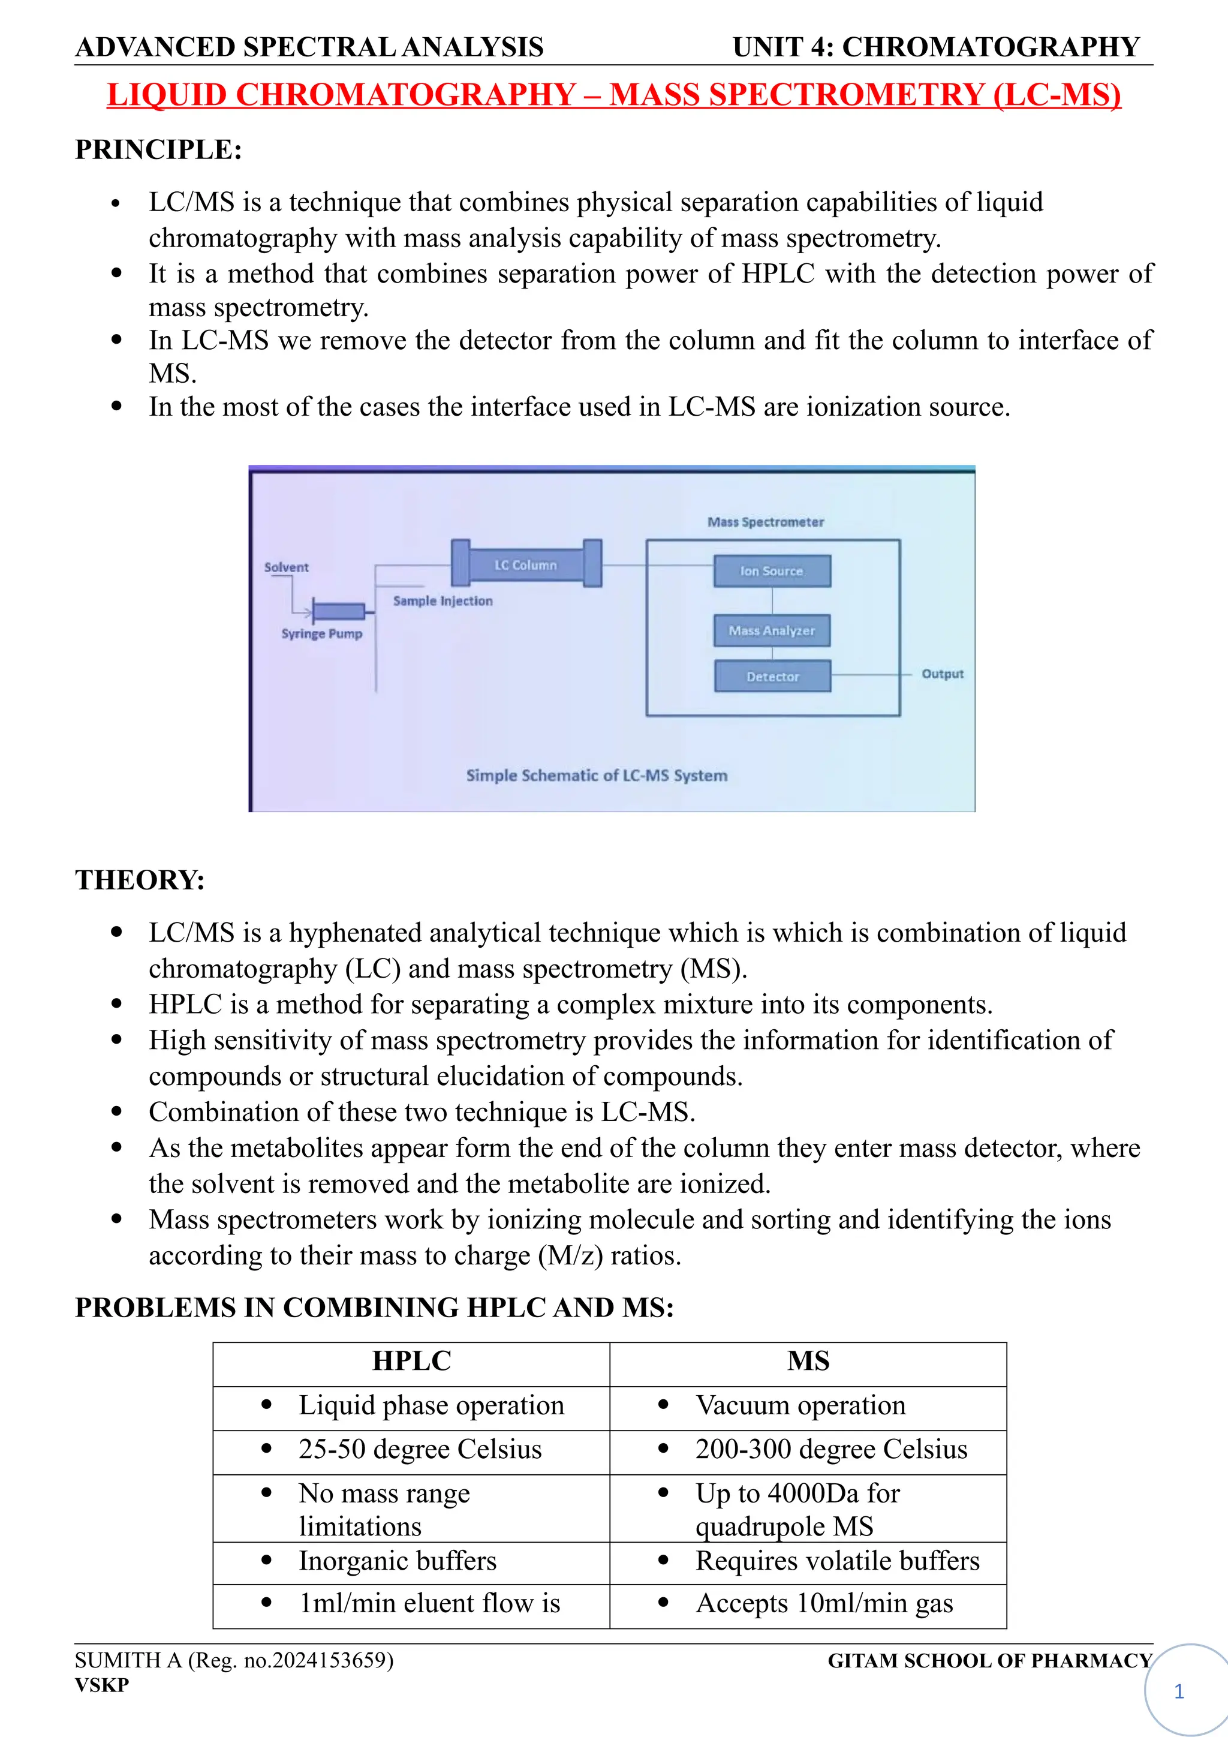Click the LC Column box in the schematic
click(x=525, y=564)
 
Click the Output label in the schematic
click(x=942, y=674)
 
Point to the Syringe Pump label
click(x=321, y=634)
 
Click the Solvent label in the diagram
click(x=286, y=567)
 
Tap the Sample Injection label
click(x=443, y=600)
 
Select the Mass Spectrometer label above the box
click(x=765, y=522)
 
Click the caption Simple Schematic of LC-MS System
click(x=597, y=776)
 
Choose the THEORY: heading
click(x=140, y=880)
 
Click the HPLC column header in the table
click(x=411, y=1361)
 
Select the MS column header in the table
click(x=808, y=1361)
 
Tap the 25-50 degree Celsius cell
click(x=420, y=1448)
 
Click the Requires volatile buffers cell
click(x=837, y=1561)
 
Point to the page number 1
click(x=1178, y=1691)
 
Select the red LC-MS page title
click(x=613, y=95)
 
